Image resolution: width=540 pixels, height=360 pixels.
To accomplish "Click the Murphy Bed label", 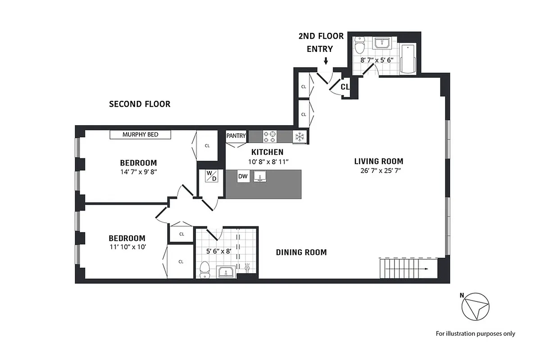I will tap(141, 135).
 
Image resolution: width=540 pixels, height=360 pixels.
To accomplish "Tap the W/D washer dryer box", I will tap(211, 175).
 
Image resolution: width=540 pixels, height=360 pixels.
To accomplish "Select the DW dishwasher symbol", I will tap(243, 176).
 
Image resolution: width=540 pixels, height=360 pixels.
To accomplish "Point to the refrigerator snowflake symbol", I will tap(299, 136).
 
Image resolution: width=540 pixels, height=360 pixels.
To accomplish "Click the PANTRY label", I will tap(236, 135).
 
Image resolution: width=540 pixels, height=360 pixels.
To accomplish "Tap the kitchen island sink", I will tap(258, 176).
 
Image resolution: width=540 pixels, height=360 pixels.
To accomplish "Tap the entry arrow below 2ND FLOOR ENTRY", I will tap(326, 61).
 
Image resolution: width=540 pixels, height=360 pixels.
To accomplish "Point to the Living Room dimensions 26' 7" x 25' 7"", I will tap(378, 171).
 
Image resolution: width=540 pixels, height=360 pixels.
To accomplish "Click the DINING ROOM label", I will tap(301, 252).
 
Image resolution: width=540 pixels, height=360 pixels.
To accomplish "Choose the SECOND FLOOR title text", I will tap(140, 104).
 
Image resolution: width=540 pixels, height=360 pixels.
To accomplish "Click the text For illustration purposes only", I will tap(475, 334).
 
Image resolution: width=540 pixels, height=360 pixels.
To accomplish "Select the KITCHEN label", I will tap(267, 152).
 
